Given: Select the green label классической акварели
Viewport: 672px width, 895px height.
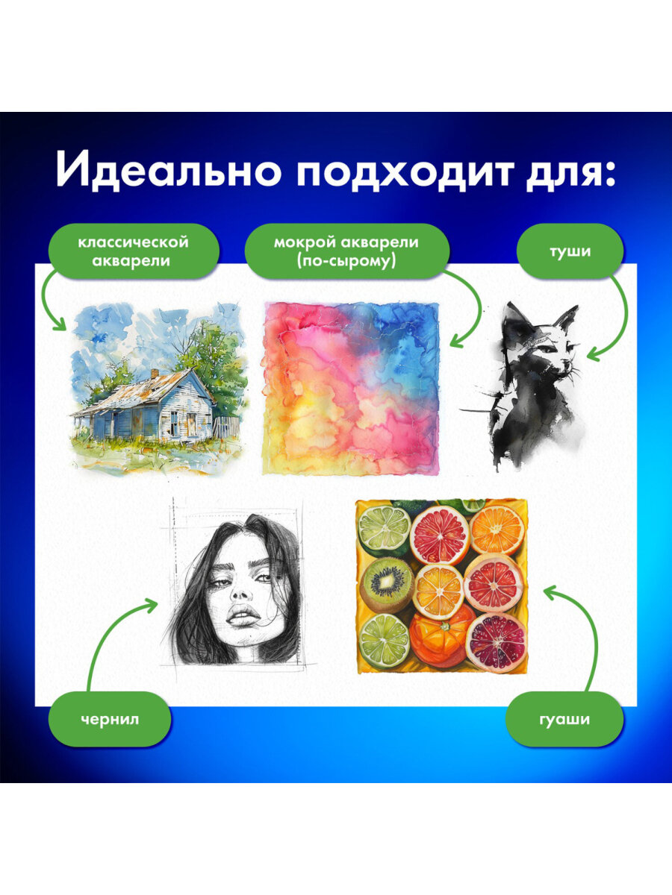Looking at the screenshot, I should click(x=134, y=251).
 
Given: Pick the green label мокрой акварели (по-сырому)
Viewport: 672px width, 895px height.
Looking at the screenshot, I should click(x=346, y=251).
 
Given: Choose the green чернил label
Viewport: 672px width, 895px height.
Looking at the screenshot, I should click(x=110, y=719).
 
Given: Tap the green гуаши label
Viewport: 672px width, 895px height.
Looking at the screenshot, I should click(x=564, y=719).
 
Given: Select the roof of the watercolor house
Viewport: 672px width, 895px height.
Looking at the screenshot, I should click(x=149, y=388).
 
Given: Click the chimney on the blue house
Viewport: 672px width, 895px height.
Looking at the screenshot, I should click(x=153, y=372).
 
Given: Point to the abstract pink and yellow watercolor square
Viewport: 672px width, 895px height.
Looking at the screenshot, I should click(x=349, y=388).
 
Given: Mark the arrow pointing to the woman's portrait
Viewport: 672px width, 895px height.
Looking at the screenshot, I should click(x=112, y=634).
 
